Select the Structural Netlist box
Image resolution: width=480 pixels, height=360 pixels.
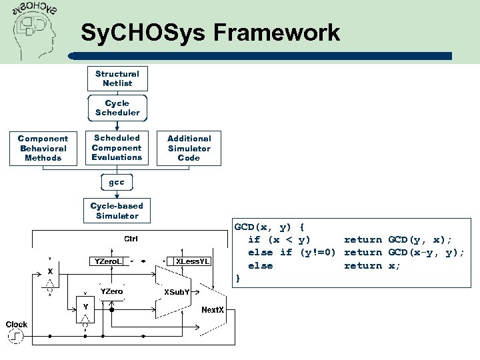[x=117, y=79]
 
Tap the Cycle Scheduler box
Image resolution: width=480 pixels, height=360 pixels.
[x=117, y=108]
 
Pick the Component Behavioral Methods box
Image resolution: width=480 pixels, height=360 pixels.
[x=43, y=148]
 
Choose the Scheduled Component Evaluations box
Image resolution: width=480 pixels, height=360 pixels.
[x=117, y=147]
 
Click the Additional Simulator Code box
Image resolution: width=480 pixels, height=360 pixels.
[x=189, y=148]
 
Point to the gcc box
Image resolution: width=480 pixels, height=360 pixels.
[x=117, y=182]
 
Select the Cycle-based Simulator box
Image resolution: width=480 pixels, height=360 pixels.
[x=117, y=211]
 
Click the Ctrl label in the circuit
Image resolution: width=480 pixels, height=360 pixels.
[x=131, y=239]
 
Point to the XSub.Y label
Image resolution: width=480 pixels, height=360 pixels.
[x=177, y=292]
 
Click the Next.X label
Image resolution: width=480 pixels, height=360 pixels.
[x=213, y=310]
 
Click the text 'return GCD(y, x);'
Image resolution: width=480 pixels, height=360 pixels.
[x=397, y=239]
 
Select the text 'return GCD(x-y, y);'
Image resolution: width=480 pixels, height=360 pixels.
[x=404, y=252]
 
